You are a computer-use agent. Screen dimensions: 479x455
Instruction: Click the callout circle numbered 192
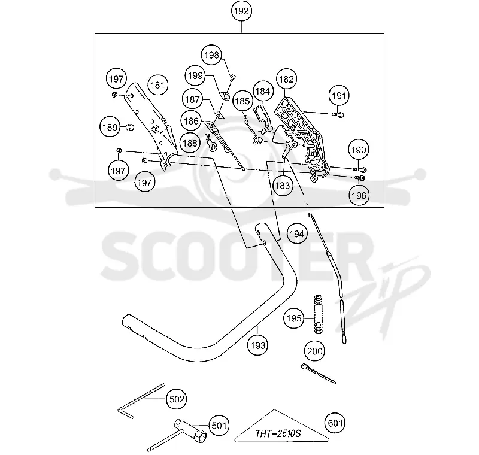click(x=241, y=11)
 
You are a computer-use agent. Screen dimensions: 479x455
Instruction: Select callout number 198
click(x=212, y=55)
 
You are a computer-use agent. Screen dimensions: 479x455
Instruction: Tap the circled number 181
click(x=157, y=85)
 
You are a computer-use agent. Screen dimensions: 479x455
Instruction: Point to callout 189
click(x=110, y=127)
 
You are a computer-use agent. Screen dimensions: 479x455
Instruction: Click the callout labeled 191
click(x=339, y=96)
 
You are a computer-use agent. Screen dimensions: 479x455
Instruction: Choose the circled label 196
click(x=359, y=195)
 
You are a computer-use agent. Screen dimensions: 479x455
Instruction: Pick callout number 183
click(x=282, y=186)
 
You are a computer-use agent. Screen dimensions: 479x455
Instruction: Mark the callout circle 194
click(x=297, y=234)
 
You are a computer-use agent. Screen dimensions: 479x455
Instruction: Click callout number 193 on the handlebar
click(x=258, y=345)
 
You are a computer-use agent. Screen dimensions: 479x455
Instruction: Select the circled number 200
click(x=314, y=351)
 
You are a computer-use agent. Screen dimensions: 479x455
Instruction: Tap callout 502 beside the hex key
click(x=177, y=399)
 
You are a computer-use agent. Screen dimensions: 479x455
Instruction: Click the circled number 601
click(x=335, y=423)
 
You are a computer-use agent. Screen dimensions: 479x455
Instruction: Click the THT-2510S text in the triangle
click(x=278, y=433)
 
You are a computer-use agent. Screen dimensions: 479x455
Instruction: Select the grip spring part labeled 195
click(x=319, y=314)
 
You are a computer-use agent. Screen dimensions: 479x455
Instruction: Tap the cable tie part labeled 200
click(x=318, y=373)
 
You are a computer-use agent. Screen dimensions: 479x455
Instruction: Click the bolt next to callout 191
click(x=338, y=115)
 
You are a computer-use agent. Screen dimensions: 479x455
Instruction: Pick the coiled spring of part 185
click(x=257, y=141)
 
